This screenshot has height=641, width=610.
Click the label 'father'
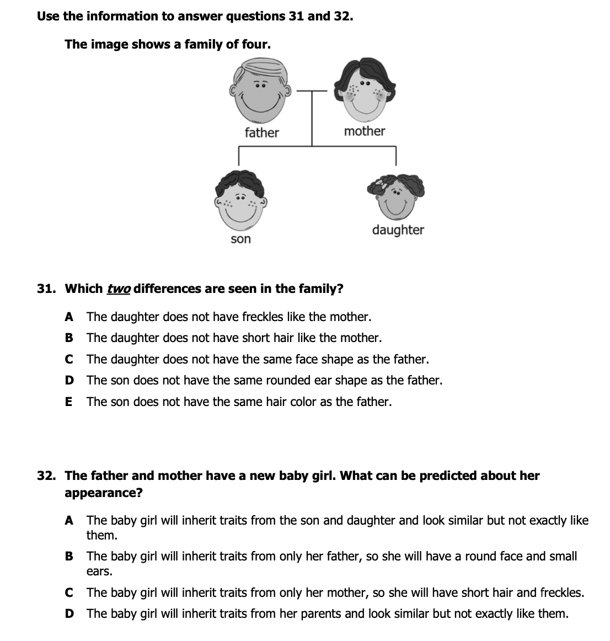pyautogui.click(x=261, y=132)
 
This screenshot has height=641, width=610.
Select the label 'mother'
pyautogui.click(x=365, y=131)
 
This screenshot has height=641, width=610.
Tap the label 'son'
pyautogui.click(x=240, y=239)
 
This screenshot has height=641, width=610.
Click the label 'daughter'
pyautogui.click(x=398, y=229)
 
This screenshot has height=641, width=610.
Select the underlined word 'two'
pyautogui.click(x=119, y=289)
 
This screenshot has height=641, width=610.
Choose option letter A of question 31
pyautogui.click(x=69, y=317)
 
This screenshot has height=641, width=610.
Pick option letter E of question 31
pyautogui.click(x=68, y=402)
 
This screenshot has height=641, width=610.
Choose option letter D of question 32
pyautogui.click(x=69, y=613)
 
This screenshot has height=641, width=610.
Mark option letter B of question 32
pyautogui.click(x=69, y=556)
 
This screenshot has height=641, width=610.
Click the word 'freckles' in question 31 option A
pyautogui.click(x=263, y=317)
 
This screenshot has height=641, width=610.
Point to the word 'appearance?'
pyautogui.click(x=103, y=493)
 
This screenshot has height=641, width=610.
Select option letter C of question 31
pyautogui.click(x=69, y=359)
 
